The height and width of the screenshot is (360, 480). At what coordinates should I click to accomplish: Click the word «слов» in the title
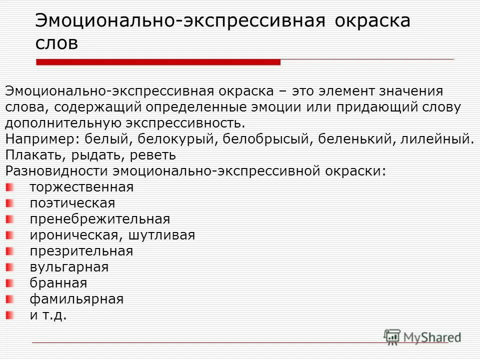[56, 43]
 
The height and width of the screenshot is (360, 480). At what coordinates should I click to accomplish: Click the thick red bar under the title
[158, 62]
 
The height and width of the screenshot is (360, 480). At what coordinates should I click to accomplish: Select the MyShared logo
[422, 336]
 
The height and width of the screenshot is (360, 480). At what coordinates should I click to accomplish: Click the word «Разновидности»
[55, 171]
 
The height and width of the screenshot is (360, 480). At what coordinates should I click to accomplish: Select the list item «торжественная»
[81, 187]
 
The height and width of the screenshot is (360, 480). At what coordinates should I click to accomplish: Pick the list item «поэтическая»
[72, 203]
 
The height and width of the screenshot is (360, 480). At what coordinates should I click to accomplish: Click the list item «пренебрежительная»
[99, 219]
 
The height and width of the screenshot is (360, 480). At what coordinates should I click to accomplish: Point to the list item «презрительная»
[81, 251]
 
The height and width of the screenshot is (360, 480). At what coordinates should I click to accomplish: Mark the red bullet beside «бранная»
[10, 283]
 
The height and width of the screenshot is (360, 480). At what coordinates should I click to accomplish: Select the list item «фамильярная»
[76, 299]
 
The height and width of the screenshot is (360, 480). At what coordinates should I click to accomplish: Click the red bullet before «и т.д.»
[10, 315]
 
